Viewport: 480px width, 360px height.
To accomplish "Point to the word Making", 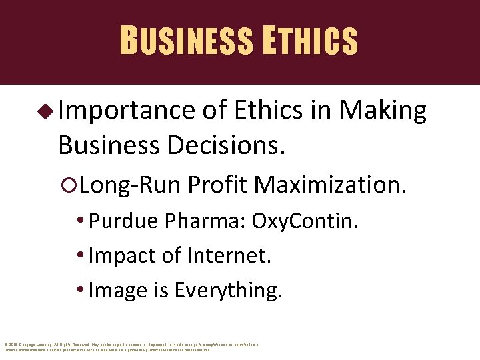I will [x=383, y=111].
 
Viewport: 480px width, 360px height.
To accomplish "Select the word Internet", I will [x=229, y=255].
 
